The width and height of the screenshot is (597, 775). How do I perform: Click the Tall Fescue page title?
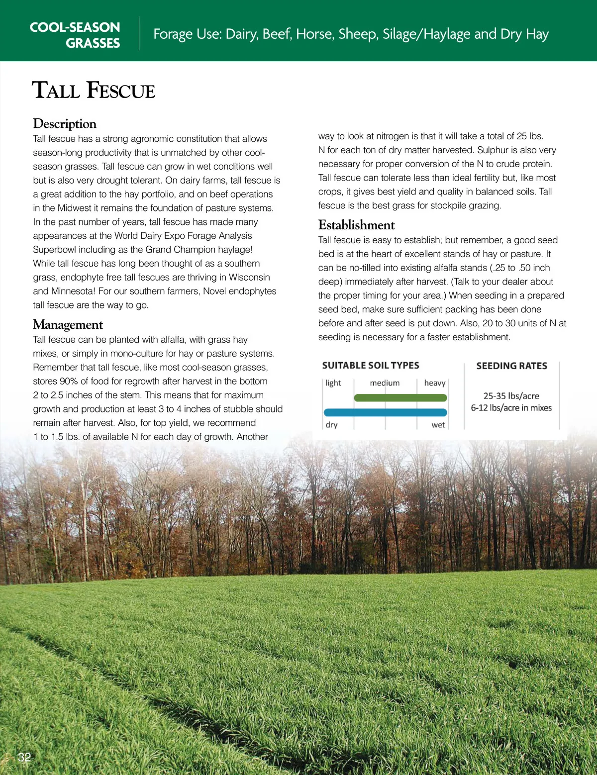pos(94,91)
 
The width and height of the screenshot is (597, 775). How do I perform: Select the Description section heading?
pos(65,123)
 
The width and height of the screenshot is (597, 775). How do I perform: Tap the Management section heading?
pos(68,324)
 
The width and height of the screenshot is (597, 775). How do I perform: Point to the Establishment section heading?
pos(356,225)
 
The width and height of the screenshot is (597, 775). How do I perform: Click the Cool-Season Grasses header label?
pos(75,35)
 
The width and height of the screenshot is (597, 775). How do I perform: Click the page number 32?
pos(24,757)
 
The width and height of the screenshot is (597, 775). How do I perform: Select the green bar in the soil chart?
pos(400,397)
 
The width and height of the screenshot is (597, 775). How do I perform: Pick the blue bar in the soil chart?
pos(386,412)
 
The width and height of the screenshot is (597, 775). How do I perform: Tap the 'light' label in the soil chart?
pos(333,383)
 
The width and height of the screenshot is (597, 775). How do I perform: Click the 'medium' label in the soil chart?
pos(385,383)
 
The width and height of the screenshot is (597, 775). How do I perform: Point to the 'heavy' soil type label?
pos(435,383)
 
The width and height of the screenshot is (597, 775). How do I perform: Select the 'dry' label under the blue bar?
pos(332,425)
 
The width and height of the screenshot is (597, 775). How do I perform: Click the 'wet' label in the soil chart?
pos(438,425)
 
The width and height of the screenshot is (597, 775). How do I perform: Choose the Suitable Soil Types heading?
pos(371,366)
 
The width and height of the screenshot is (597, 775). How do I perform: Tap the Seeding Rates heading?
pos(511,366)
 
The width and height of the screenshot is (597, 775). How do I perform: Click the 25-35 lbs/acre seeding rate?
pos(511,396)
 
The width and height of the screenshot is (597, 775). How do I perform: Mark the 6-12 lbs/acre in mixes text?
pos(511,408)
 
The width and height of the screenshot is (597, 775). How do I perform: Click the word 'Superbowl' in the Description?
pos(55,250)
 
